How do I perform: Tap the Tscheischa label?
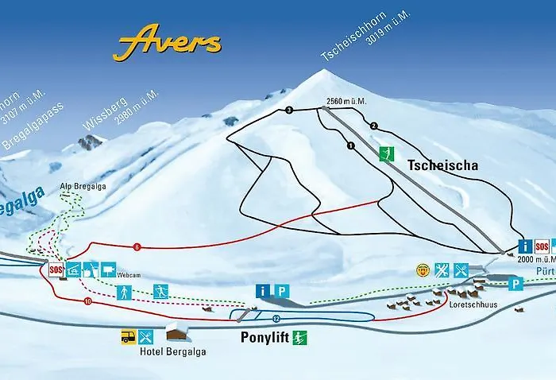[x=443, y=165]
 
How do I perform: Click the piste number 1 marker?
[x=349, y=145]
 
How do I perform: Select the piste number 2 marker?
[x=373, y=126]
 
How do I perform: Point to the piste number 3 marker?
[x=289, y=110]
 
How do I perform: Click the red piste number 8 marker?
[x=137, y=246]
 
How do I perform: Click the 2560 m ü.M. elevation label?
[x=345, y=102]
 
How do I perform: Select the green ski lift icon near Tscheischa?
[x=387, y=154]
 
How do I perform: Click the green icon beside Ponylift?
[x=299, y=337]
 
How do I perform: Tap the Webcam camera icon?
[x=108, y=269]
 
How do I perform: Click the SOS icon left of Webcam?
[x=56, y=269]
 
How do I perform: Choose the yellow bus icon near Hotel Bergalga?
[x=127, y=336]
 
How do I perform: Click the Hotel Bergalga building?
[x=176, y=330]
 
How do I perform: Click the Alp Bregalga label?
[x=83, y=187]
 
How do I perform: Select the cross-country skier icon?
[x=162, y=291]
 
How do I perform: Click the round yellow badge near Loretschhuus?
[x=422, y=269]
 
